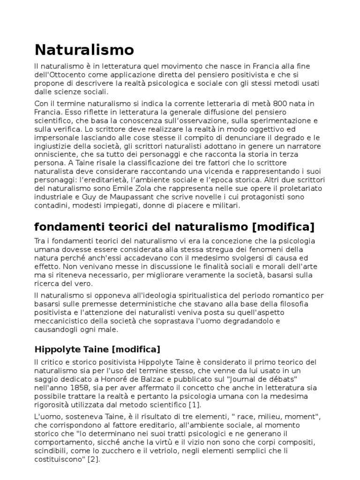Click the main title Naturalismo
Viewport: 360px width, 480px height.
click(84, 49)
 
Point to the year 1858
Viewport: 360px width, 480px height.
click(77, 387)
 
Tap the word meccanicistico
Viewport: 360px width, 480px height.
click(61, 321)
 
